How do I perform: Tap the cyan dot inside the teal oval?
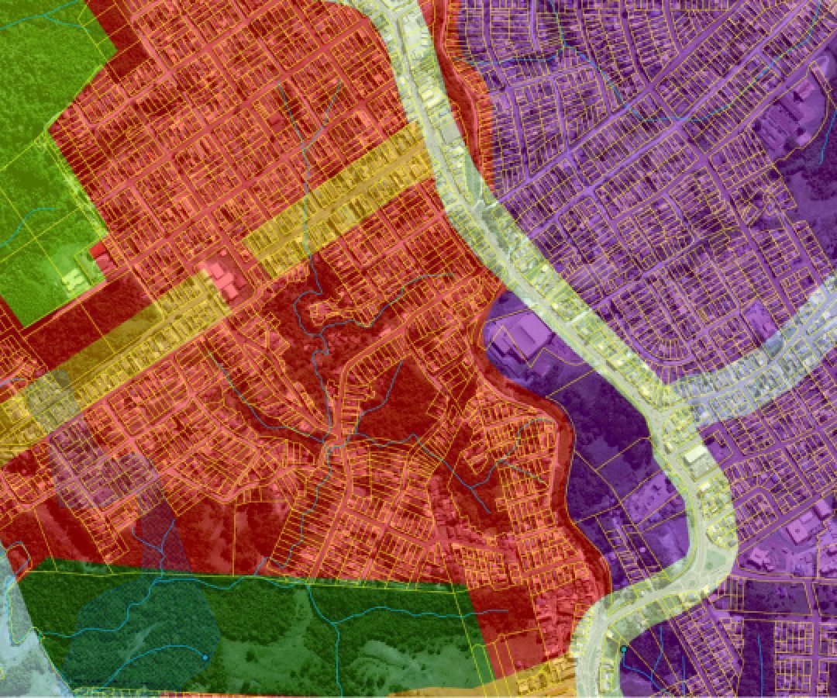pyautogui.click(x=205, y=657)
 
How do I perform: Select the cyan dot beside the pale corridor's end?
pyautogui.click(x=623, y=648)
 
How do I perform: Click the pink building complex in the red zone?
pyautogui.click(x=224, y=279)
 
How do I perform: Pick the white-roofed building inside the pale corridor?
pyautogui.click(x=695, y=454)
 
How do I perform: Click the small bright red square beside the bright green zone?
pyautogui.click(x=98, y=251)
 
